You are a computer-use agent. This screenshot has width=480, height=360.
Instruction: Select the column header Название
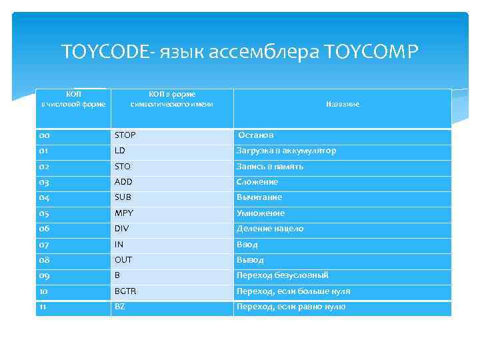(343, 105)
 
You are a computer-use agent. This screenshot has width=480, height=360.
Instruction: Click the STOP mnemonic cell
(125, 135)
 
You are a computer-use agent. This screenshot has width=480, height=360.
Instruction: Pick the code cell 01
(44, 151)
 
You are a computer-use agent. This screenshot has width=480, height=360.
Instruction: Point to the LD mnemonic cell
(120, 151)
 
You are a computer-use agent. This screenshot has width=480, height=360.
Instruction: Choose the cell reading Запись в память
(270, 167)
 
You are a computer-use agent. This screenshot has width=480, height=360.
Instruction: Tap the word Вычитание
(259, 197)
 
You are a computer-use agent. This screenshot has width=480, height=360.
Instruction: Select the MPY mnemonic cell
(124, 213)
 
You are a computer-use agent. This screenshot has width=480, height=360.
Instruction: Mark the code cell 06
(44, 229)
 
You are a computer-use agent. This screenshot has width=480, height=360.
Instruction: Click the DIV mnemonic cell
(121, 229)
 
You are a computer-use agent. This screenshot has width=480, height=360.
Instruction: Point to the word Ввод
(247, 245)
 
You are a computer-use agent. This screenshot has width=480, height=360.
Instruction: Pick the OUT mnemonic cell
(123, 260)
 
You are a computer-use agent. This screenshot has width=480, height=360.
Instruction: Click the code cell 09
(44, 275)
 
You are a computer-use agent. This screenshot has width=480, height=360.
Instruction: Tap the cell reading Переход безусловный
(283, 275)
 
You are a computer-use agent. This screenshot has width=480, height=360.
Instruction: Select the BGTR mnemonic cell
(125, 291)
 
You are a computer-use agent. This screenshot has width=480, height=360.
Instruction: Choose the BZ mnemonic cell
(120, 307)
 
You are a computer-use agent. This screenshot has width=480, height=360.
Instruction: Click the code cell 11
(43, 307)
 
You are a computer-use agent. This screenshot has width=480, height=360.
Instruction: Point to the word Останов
(256, 135)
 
